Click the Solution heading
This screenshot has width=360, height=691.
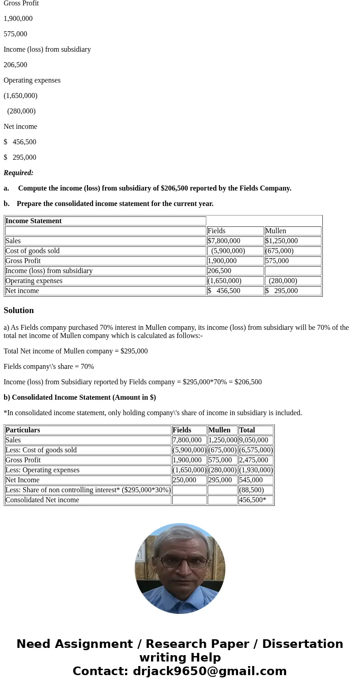19,310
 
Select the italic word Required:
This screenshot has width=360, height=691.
19,173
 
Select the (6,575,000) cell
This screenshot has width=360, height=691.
256,450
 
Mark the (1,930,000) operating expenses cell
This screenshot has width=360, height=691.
256,470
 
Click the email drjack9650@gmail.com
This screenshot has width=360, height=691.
209,671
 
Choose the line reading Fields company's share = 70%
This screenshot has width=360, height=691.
49,367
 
